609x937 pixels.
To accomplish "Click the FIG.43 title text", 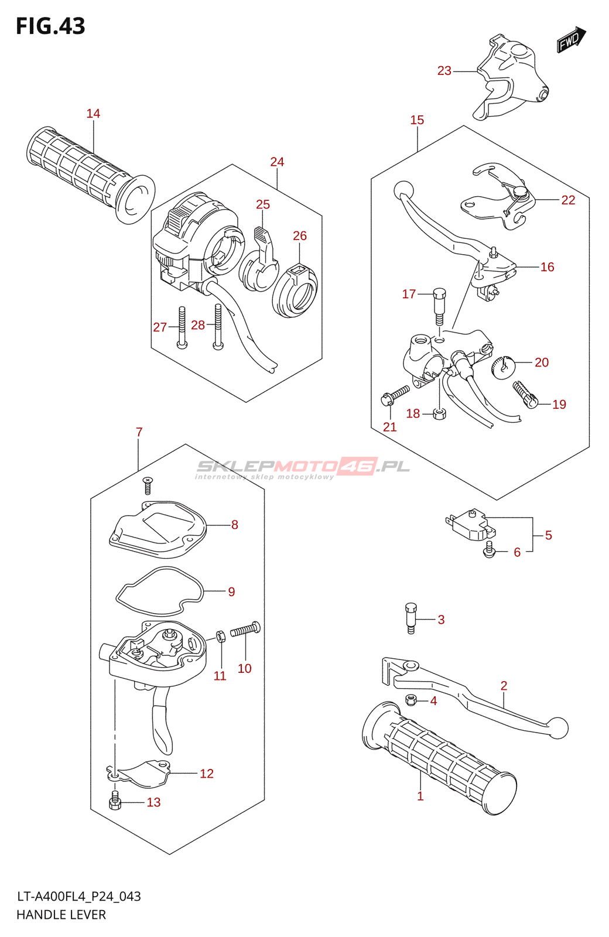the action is click(50, 26).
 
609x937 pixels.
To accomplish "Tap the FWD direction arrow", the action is click(571, 39).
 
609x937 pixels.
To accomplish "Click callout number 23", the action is click(444, 71).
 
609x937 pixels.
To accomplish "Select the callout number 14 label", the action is click(93, 114).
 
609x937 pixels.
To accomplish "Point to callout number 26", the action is click(300, 236).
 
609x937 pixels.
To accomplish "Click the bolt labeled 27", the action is click(182, 327).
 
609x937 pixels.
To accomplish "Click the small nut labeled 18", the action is click(439, 414).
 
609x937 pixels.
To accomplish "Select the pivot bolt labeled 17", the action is click(439, 306).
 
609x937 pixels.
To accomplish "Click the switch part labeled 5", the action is click(470, 525).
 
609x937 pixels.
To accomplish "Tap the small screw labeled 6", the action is click(489, 550).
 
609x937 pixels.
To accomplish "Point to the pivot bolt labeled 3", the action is click(411, 618).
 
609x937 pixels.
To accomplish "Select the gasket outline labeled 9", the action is click(160, 592).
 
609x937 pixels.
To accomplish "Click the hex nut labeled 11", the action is click(222, 636).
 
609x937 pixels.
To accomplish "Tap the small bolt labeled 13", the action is click(114, 802).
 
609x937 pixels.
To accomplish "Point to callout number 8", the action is click(235, 525).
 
